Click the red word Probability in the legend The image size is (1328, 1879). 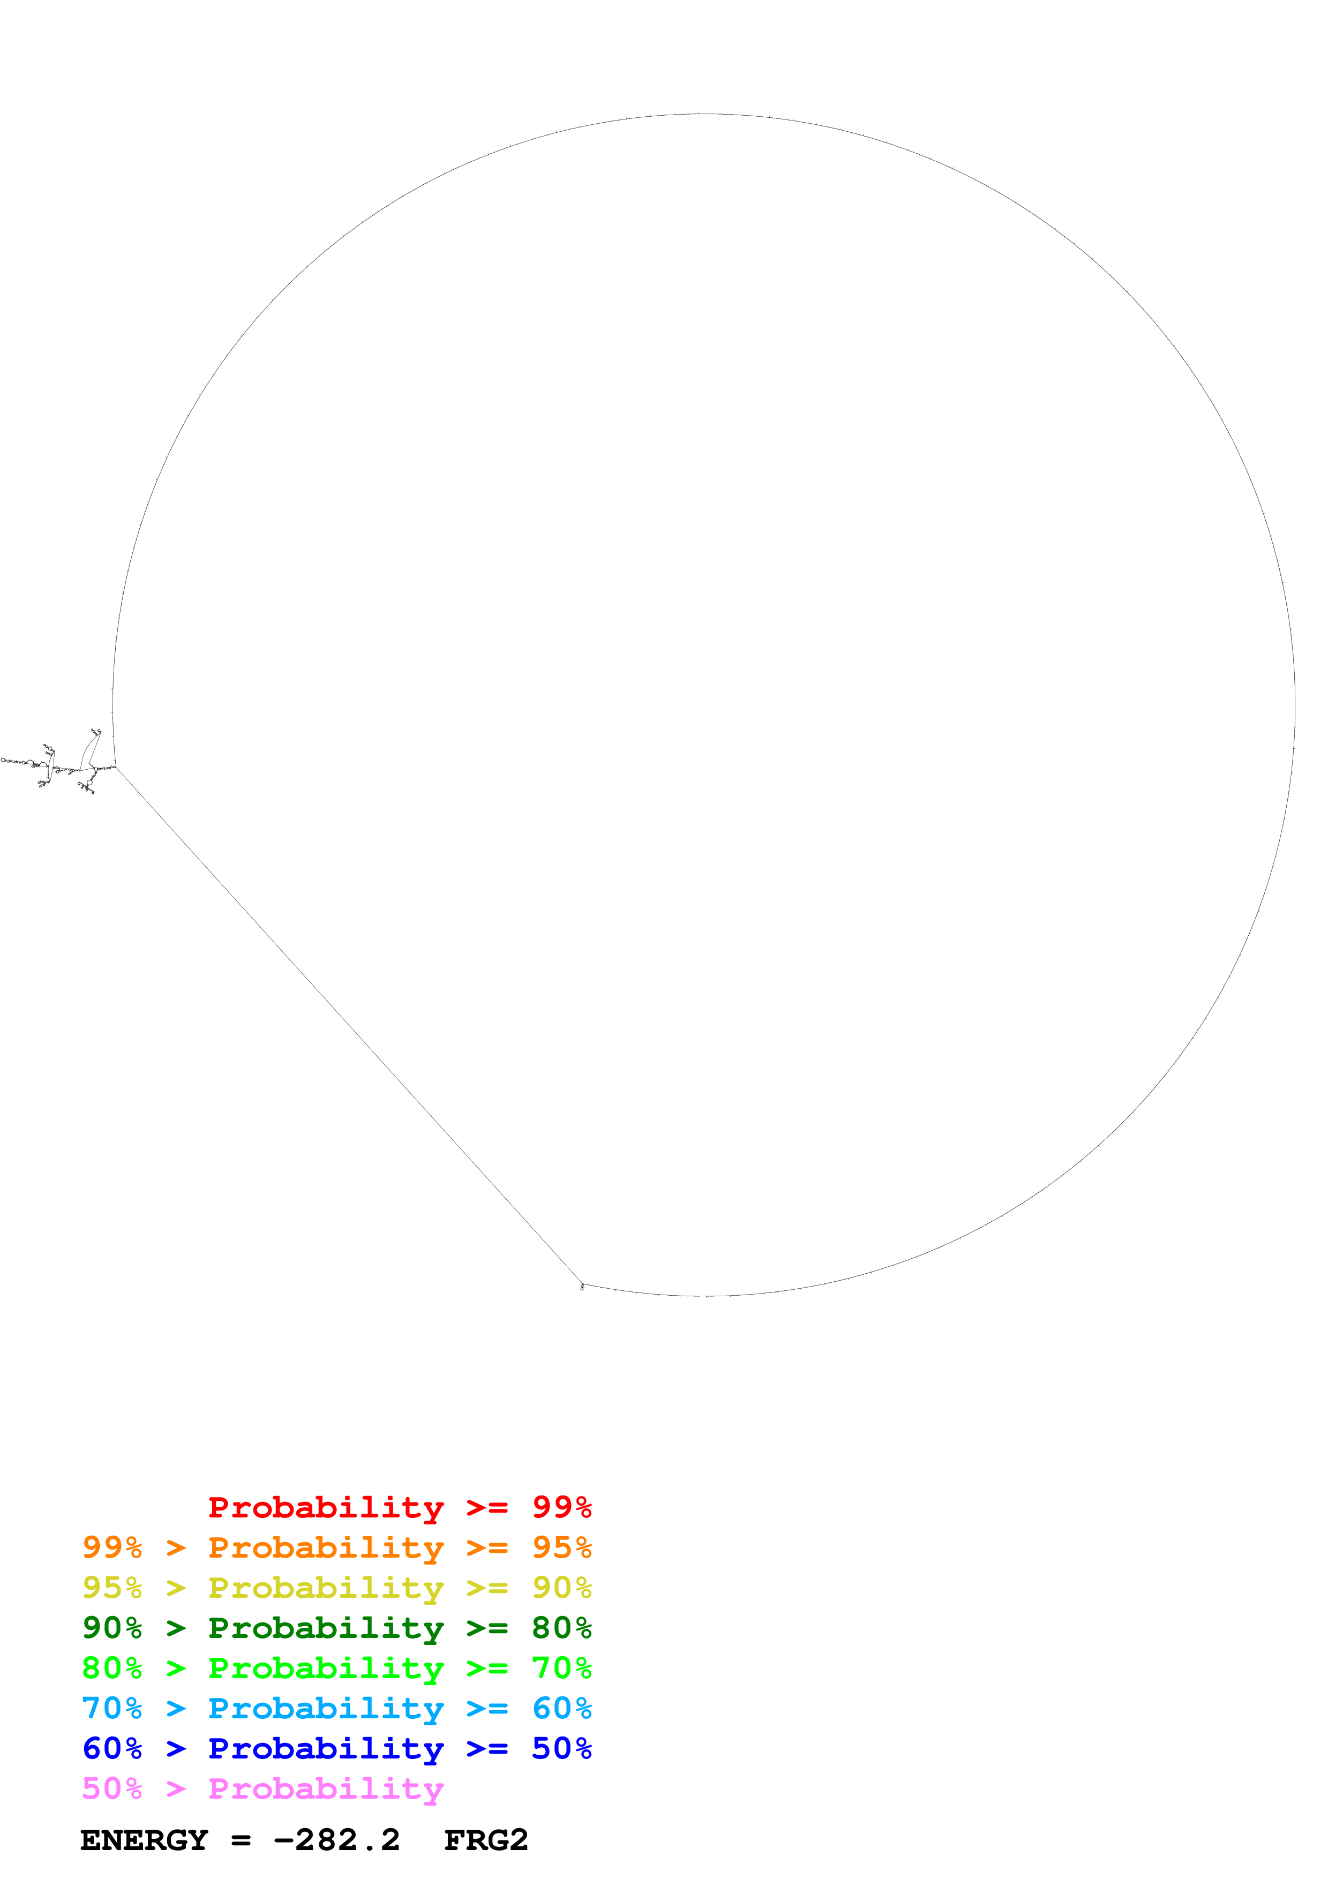tap(326, 1507)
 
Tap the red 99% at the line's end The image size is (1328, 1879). tap(561, 1507)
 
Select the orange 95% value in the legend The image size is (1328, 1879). tap(561, 1547)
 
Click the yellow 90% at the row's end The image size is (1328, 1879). tap(561, 1588)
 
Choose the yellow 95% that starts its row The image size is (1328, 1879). tap(112, 1588)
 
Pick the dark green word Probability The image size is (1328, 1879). tap(326, 1628)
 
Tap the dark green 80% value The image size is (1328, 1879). tap(561, 1628)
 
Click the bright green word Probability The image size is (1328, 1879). tap(326, 1668)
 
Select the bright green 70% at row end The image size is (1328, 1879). tap(561, 1668)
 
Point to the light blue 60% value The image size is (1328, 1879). tap(561, 1708)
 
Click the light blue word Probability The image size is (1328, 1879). tap(326, 1709)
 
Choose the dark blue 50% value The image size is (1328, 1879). tap(561, 1748)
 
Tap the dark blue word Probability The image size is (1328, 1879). tap(326, 1749)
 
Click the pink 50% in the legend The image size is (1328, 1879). tap(112, 1788)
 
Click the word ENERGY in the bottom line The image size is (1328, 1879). tap(144, 1840)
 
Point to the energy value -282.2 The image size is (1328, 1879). tap(337, 1840)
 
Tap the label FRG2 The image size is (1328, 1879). tap(486, 1840)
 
